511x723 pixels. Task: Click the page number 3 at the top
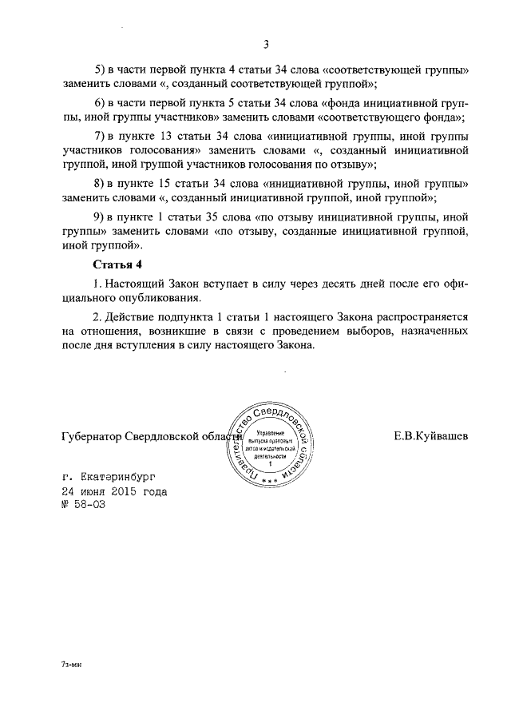(x=266, y=44)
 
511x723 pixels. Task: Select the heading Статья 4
(x=118, y=264)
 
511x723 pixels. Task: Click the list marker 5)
(x=101, y=69)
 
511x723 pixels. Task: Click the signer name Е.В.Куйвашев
(x=430, y=436)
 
